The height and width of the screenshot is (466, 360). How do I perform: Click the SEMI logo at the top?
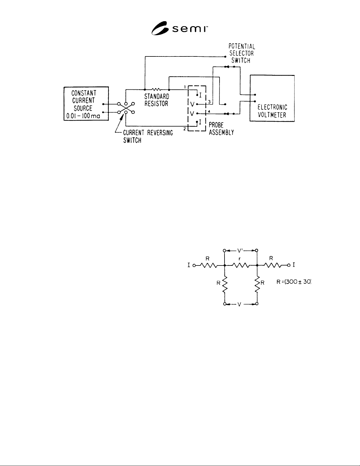(180, 28)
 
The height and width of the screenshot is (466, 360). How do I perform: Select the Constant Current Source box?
(86, 103)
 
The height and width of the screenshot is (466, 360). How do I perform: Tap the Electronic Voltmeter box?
(272, 98)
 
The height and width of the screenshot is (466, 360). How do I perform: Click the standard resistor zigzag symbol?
(156, 89)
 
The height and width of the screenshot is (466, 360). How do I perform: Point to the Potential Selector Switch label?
(242, 54)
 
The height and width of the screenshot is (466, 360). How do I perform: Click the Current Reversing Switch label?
(148, 136)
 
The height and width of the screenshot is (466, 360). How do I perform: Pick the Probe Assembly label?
(221, 129)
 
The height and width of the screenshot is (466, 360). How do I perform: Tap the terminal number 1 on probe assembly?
(185, 87)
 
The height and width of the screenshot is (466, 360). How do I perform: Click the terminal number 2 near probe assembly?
(185, 129)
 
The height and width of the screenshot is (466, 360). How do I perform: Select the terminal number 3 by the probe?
(209, 102)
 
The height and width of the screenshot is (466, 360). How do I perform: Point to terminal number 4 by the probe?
(209, 111)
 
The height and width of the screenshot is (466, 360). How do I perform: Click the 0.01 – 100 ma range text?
(83, 116)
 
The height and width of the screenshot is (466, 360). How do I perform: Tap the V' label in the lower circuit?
(240, 250)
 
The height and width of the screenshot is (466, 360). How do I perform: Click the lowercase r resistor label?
(239, 259)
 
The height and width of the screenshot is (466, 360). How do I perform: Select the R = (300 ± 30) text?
(294, 282)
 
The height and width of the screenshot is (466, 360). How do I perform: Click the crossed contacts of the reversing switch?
(126, 108)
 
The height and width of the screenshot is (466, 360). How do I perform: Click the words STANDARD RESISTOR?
(157, 100)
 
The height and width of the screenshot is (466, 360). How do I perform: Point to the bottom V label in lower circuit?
(240, 304)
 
